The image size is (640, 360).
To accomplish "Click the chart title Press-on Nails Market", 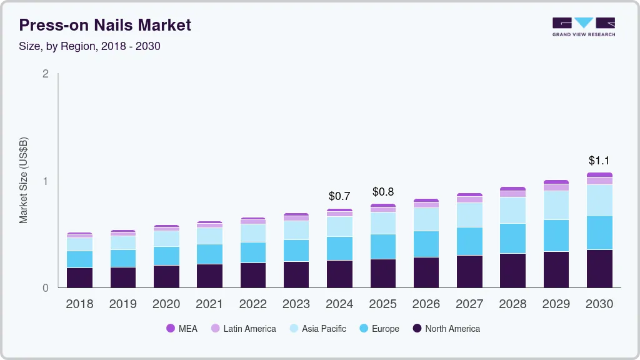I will tap(105, 25).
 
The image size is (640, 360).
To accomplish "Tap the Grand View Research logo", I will tap(583, 26).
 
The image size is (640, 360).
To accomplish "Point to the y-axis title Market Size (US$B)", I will tap(24, 181).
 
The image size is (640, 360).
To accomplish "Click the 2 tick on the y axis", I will tap(45, 74).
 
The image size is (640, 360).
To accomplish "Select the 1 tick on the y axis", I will tap(45, 181).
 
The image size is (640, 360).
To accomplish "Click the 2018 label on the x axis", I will tap(79, 304).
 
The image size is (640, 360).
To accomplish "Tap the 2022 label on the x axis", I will tap(252, 304).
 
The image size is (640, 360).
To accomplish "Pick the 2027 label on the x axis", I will tap(469, 304).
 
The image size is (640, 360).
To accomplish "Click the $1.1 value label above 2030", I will tap(599, 161).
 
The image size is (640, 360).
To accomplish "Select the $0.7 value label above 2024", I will tap(339, 196).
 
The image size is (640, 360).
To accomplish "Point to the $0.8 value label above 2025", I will tap(383, 191).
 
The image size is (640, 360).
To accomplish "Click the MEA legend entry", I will tap(182, 329).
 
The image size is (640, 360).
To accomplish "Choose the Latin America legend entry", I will tap(243, 329).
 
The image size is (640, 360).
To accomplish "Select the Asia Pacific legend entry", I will tap(317, 329).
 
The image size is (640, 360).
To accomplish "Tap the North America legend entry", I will tap(446, 329).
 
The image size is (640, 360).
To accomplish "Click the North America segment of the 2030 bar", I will tap(599, 269).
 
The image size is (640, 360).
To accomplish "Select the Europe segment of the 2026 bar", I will tap(426, 244).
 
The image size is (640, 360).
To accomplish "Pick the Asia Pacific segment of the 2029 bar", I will tap(556, 205).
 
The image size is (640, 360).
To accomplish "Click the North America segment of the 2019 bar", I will tap(122, 277).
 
